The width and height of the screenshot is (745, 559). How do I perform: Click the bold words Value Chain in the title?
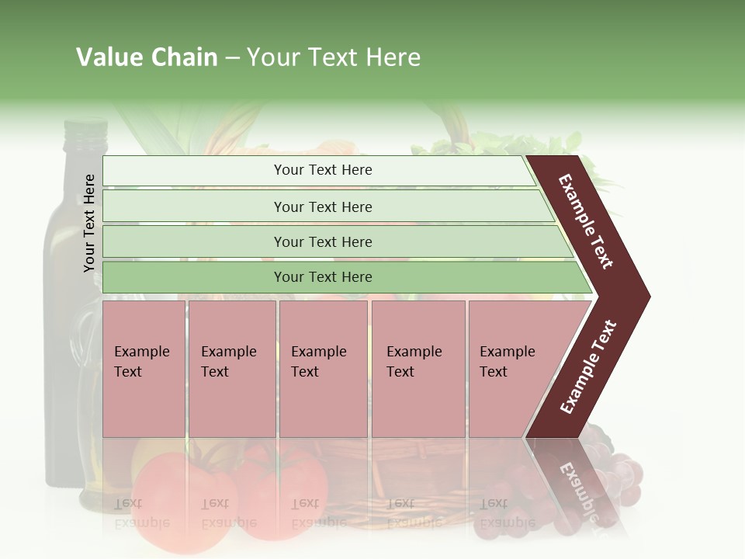[147, 57]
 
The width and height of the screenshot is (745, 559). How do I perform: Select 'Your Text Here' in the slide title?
[334, 57]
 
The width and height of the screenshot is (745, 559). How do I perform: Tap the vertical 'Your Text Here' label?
[89, 224]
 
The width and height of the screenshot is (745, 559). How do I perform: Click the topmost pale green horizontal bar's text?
[323, 170]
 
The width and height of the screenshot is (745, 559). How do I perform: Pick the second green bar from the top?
[323, 207]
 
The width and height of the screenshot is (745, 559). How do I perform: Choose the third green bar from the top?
[323, 242]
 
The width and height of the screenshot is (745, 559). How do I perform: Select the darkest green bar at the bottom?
[323, 277]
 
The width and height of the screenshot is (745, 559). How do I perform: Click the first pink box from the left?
[144, 369]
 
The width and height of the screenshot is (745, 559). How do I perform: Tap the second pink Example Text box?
[231, 369]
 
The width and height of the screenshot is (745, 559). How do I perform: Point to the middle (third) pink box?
[323, 369]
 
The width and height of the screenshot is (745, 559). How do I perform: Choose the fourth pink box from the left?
[418, 369]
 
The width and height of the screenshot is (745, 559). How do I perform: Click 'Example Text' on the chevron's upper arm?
[586, 221]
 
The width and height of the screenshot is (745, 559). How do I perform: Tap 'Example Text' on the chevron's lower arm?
[588, 366]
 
